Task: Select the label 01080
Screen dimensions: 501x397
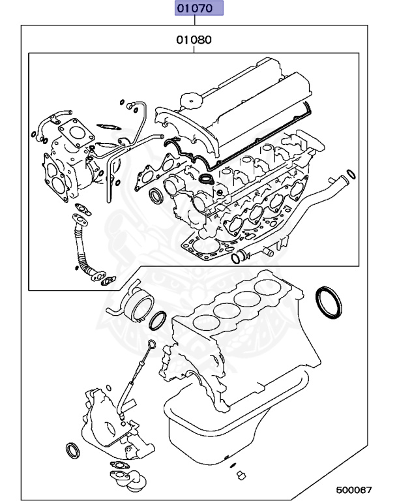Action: (x=193, y=40)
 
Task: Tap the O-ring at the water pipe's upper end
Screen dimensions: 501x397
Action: (x=351, y=174)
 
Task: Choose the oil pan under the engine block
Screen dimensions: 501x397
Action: (x=215, y=431)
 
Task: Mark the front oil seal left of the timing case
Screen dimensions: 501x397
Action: (x=72, y=450)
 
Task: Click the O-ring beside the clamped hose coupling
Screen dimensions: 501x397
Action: (x=158, y=320)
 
